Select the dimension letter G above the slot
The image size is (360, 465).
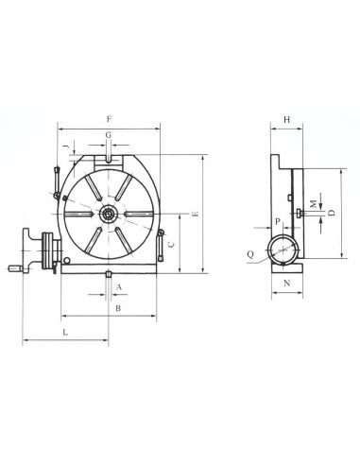tap(110, 136)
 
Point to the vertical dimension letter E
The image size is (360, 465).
tap(194, 215)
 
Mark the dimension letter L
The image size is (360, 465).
tap(64, 334)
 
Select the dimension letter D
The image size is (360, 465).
tap(332, 214)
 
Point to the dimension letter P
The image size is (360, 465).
tap(277, 221)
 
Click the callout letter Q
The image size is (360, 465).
tap(250, 254)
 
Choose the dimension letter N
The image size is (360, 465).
tap(286, 282)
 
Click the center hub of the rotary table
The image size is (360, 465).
tap(110, 215)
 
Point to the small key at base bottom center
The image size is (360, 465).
tap(110, 275)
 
